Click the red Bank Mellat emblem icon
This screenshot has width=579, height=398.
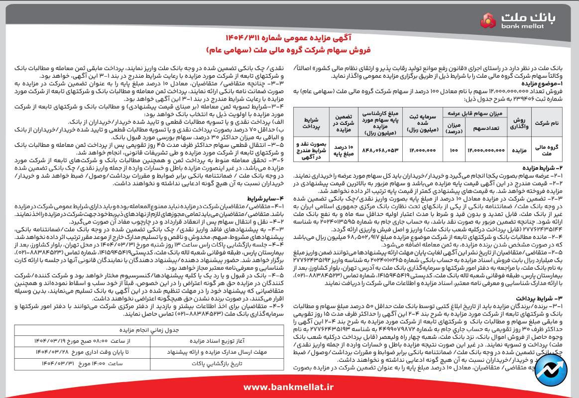488,21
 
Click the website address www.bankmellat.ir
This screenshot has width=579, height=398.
289,387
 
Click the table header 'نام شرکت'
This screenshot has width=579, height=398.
546,122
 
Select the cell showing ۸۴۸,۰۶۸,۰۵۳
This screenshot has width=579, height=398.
381,149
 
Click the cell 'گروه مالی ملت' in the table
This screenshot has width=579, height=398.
546,149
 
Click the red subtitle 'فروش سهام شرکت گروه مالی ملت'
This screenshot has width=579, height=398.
289,50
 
